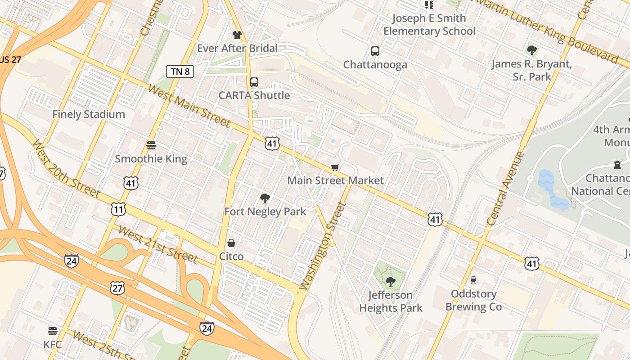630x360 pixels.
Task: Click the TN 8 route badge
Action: click(180, 71)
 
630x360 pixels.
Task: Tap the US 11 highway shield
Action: click(118, 209)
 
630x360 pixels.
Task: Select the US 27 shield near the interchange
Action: click(117, 288)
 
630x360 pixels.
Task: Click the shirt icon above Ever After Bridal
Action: click(237, 35)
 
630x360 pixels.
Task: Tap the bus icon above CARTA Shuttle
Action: click(254, 82)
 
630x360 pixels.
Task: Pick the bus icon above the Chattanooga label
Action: click(375, 51)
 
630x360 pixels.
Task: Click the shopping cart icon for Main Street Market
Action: click(335, 167)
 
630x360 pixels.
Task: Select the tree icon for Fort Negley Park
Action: click(265, 198)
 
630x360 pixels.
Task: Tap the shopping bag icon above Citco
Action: click(231, 243)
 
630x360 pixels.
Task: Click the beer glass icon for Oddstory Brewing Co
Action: click(473, 280)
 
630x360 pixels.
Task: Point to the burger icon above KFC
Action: click(53, 332)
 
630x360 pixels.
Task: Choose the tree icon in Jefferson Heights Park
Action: click(390, 282)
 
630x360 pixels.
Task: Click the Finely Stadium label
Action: click(89, 114)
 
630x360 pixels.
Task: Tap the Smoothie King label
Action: click(151, 158)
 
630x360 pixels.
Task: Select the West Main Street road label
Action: click(189, 106)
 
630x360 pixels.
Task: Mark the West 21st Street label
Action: click(157, 244)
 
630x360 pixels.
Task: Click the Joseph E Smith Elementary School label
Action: click(429, 25)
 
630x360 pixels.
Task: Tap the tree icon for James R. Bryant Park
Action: click(531, 50)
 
